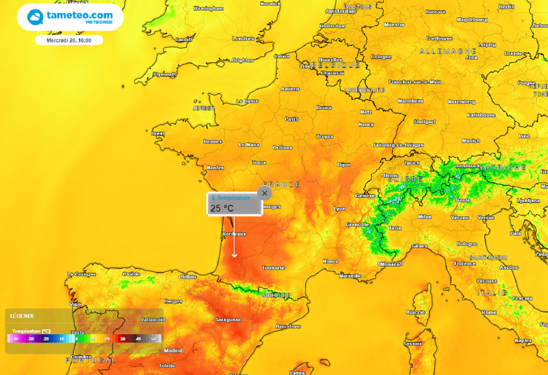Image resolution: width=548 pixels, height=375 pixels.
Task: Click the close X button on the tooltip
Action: (x=264, y=193)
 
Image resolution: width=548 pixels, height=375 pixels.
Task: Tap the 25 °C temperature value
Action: (x=222, y=208)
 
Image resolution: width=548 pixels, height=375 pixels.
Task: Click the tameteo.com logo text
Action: (x=79, y=16)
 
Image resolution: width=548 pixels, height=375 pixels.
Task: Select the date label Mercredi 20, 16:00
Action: (x=68, y=40)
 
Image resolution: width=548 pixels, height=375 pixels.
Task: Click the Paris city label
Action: (x=292, y=119)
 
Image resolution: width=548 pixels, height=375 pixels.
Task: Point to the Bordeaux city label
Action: (x=234, y=234)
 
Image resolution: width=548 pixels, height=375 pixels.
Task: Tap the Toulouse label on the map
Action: (x=273, y=267)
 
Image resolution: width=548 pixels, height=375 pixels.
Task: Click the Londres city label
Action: (x=243, y=39)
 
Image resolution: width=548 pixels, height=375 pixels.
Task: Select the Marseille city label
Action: (x=351, y=276)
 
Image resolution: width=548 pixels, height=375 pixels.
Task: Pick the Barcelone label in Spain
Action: (x=288, y=326)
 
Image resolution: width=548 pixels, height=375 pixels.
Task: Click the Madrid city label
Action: (x=173, y=351)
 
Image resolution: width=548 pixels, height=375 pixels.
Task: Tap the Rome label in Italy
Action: (x=489, y=312)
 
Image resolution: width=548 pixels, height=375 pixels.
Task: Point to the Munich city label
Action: (x=470, y=141)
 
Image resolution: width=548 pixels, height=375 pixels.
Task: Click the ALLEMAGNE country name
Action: (x=448, y=51)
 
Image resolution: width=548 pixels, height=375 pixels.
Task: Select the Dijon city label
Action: (x=344, y=164)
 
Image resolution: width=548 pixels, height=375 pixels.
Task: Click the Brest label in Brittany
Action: (x=158, y=133)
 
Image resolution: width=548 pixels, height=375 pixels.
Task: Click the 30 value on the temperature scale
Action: (x=123, y=339)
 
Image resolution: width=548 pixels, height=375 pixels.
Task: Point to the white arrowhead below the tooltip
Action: (x=234, y=256)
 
